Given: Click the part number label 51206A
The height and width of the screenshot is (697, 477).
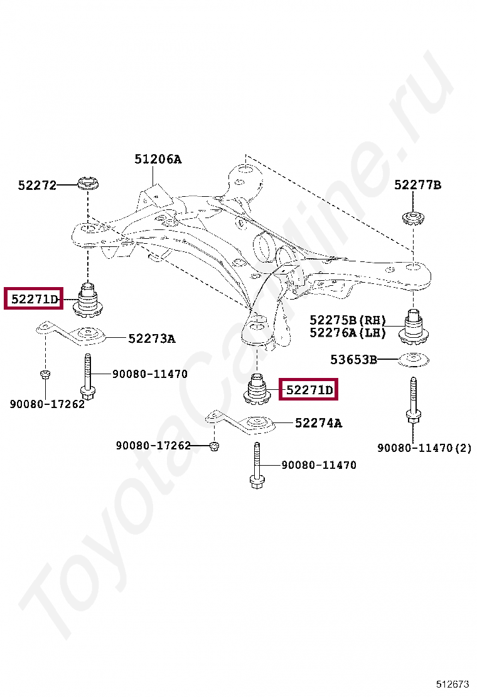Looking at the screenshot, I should pos(158,159).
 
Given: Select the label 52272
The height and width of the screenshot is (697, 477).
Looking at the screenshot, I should pos(37,185).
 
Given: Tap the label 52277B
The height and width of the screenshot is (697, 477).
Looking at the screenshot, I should pos(417,185).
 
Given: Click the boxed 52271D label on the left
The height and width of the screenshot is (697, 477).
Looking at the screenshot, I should pos(34,299).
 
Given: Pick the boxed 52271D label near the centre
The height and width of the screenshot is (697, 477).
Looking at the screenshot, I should pos(309,390).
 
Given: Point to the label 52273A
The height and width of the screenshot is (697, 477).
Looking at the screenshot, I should pos(151,338).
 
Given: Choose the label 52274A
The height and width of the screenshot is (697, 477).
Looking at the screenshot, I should pos(318,423).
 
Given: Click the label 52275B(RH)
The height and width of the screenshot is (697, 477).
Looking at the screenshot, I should pos(348,320).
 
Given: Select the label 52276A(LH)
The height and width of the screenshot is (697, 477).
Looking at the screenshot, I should pos(348,333).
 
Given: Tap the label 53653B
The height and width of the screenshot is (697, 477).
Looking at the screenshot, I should pos(354,360).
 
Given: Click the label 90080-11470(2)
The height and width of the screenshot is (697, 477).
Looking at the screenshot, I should pos(424,448).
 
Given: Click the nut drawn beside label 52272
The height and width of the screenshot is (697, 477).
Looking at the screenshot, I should pos(87,184).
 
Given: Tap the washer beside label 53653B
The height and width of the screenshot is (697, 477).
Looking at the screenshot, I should pos(413,360).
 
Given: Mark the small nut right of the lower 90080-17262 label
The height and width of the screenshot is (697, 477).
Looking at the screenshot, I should pos(213,446).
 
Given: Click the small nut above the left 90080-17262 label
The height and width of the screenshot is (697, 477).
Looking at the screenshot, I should pos(45,374).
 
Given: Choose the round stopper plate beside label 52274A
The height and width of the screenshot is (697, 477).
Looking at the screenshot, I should pos(258,424).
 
